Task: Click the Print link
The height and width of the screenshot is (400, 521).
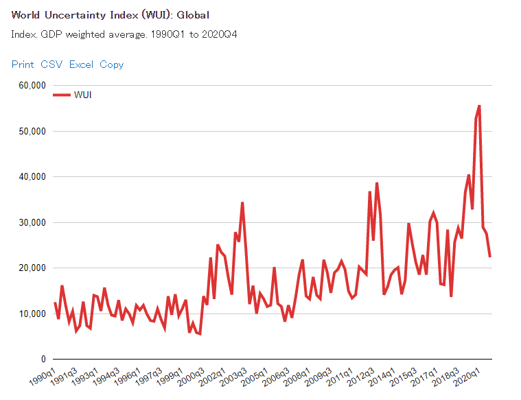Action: tap(23, 64)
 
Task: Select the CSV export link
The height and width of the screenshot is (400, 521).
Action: tap(51, 64)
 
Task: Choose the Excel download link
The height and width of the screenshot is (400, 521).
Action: tap(81, 64)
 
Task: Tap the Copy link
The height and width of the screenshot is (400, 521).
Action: tap(112, 64)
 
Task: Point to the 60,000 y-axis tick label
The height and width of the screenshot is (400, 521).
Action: tap(31, 85)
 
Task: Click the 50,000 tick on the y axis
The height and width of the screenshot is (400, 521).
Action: tap(31, 131)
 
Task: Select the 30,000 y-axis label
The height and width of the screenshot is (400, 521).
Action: tap(31, 222)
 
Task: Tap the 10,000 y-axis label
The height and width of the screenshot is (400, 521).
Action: tap(31, 314)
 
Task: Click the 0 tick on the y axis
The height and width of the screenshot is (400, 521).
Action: tap(43, 359)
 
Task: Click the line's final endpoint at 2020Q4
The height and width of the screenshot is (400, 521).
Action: tap(490, 257)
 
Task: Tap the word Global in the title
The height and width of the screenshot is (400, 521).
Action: tap(193, 15)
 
